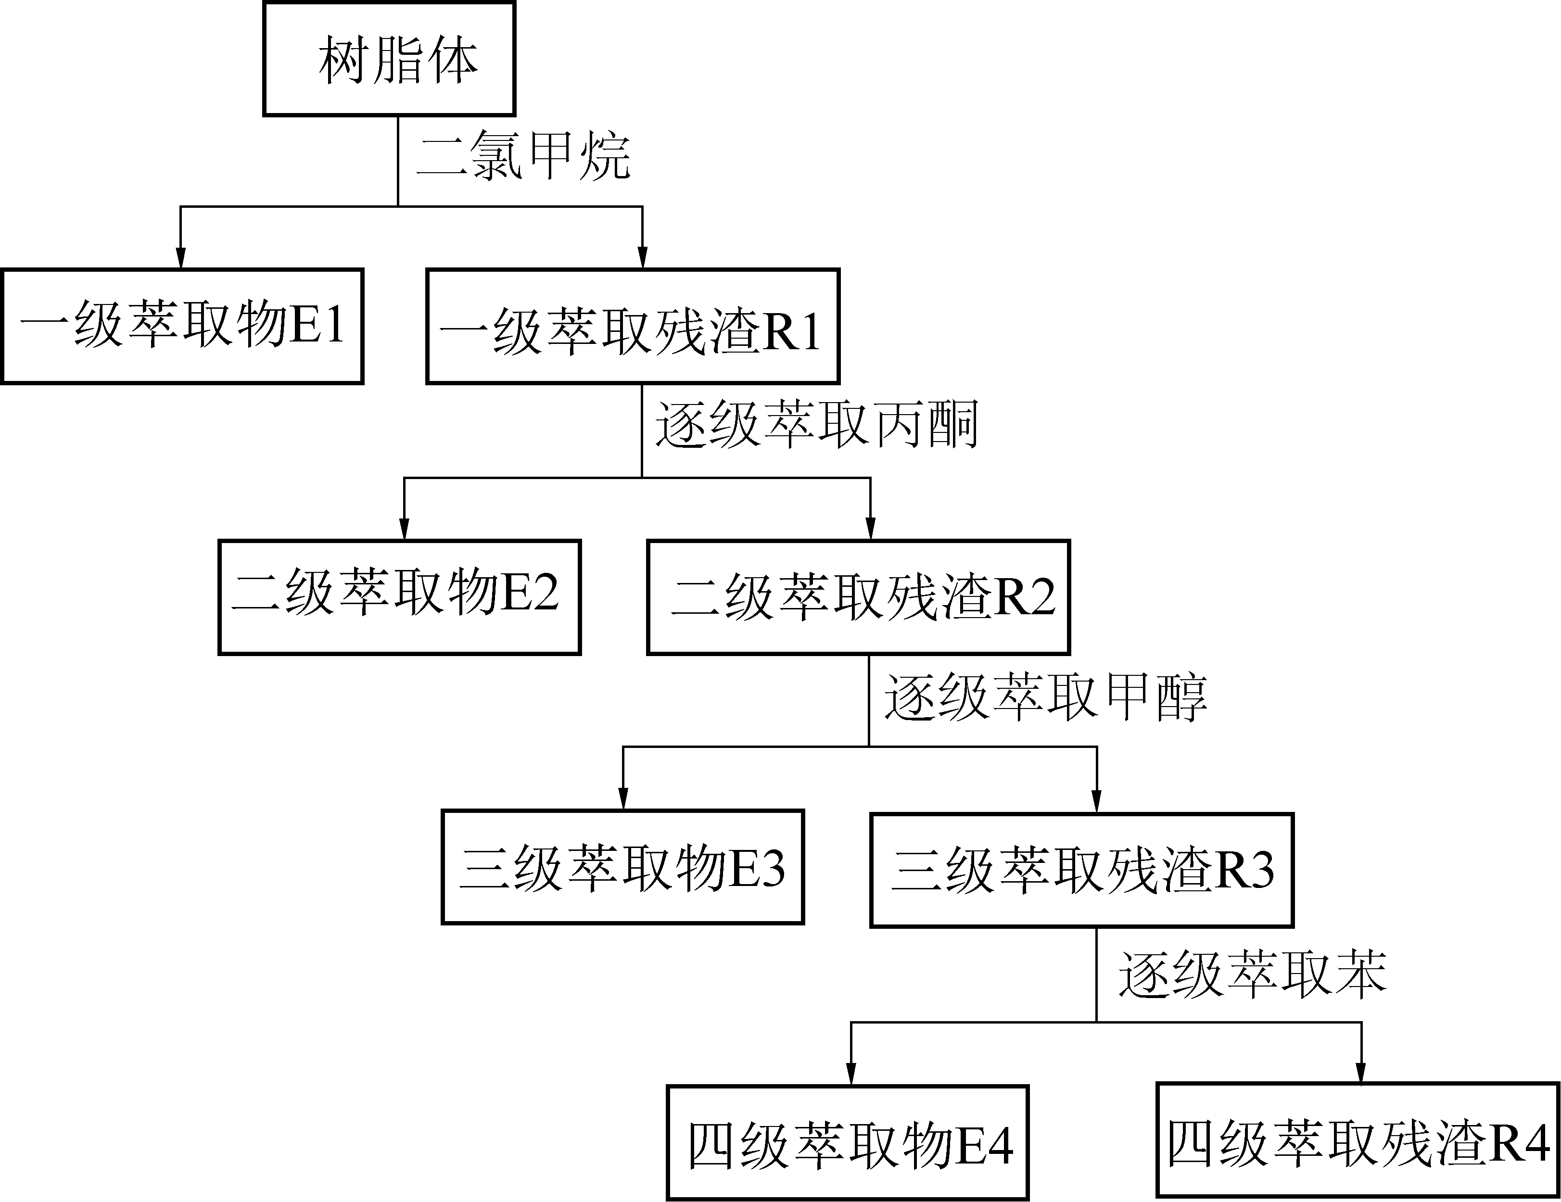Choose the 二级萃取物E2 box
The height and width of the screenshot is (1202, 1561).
point(399,597)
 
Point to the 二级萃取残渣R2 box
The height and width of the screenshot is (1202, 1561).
point(858,597)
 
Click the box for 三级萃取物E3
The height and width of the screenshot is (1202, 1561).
point(622,867)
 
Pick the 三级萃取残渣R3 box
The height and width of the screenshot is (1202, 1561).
point(1081,870)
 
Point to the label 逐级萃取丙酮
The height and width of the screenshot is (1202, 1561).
point(816,426)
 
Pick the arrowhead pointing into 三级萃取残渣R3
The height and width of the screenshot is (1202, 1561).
point(1096,801)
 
